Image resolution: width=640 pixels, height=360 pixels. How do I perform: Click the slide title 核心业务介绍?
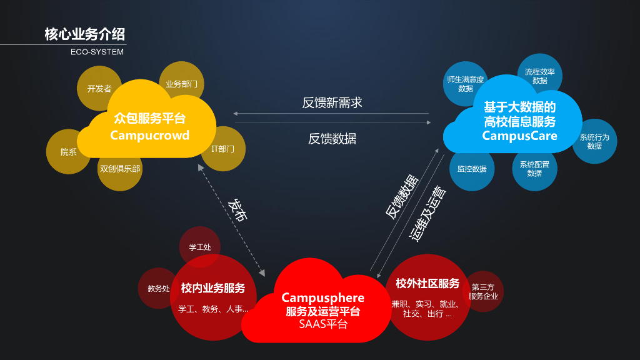coord(84,34)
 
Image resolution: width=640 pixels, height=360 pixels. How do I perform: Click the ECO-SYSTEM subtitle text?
coord(97,52)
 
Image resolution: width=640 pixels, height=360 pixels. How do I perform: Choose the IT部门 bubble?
coord(223,149)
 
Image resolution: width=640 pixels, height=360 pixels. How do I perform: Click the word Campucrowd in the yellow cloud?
coord(149,136)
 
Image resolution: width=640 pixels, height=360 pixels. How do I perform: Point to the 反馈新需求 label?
coord(332,102)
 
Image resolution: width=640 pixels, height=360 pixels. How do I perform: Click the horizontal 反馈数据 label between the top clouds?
coord(332,139)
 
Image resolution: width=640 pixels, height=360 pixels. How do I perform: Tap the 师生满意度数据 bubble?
coord(465,84)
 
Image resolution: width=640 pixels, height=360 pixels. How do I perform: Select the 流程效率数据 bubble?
coord(540,76)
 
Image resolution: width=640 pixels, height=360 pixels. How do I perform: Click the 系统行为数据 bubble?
coord(594,141)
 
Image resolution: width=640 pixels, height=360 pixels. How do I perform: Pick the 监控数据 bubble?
coord(472,169)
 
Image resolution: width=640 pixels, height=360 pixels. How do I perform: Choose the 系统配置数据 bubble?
coord(534,169)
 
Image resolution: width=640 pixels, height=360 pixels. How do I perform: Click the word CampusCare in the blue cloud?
coord(519,136)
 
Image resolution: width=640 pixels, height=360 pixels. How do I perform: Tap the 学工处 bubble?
coord(200,246)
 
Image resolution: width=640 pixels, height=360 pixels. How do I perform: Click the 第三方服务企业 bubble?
coord(483,291)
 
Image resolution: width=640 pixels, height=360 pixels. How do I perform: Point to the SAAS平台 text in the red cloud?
coord(322,324)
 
